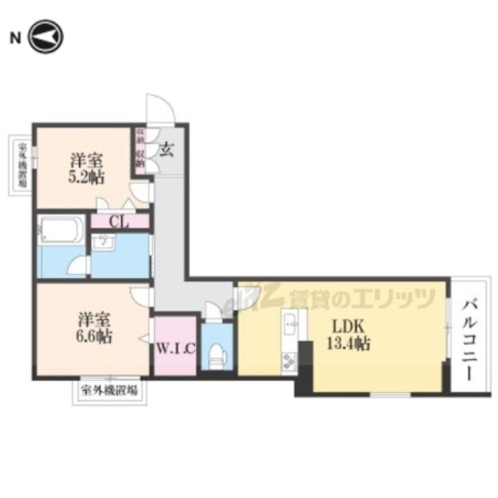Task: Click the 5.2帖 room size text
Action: click(86, 177)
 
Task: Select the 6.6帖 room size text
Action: click(95, 338)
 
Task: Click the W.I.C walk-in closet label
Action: click(176, 347)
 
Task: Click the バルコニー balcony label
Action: click(471, 337)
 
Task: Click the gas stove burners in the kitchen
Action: click(289, 360)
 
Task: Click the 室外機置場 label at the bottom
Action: click(109, 390)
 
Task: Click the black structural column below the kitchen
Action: click(305, 370)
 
